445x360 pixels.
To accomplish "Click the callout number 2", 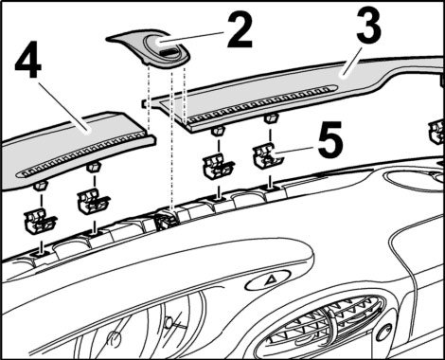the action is [240, 30].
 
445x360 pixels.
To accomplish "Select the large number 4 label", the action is [28, 63].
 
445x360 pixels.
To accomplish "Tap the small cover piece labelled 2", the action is [149, 48].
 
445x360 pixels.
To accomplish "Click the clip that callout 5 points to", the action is [267, 156].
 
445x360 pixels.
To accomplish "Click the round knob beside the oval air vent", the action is [385, 333].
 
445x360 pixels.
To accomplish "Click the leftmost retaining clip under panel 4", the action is [40, 220].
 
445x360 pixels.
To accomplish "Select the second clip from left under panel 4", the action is [92, 201].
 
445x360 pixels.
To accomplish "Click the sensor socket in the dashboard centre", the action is [167, 220].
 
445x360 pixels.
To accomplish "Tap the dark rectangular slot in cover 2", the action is [169, 51].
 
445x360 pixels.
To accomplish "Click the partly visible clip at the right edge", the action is [437, 131].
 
